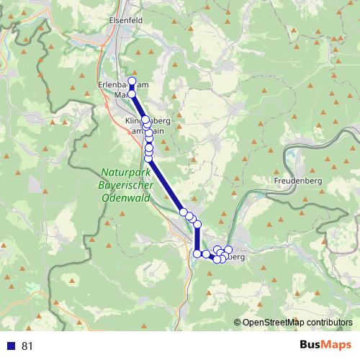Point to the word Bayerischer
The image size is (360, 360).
pyautogui.click(x=125, y=184)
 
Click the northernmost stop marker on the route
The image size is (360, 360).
pyautogui.click(x=132, y=81)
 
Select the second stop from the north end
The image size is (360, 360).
pyautogui.click(x=132, y=94)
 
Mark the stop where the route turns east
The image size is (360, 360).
pyautogui.click(x=197, y=253)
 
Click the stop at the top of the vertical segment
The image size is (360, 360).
pyautogui.click(x=197, y=225)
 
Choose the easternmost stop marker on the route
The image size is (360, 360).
pyautogui.click(x=229, y=249)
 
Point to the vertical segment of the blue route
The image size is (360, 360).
pyautogui.click(x=197, y=239)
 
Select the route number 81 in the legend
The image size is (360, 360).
pyautogui.click(x=27, y=346)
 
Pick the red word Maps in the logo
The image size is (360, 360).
pyautogui.click(x=336, y=346)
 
